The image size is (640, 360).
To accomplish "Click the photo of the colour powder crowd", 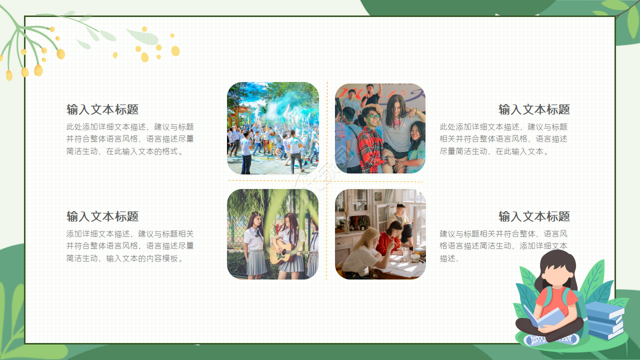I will [272, 128].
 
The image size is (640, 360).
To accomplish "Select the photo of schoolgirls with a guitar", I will [272, 234].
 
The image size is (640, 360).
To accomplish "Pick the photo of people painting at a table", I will [380, 234].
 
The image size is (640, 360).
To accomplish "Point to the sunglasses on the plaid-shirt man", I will [372, 117].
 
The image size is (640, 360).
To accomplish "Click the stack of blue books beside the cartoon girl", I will [603, 320].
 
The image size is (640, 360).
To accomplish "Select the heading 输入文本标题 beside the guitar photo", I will [102, 216].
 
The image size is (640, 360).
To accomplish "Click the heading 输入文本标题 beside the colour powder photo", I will [102, 109].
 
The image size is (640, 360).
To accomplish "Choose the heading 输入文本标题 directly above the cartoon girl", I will [534, 216].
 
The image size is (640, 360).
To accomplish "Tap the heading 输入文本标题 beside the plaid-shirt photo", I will [534, 109].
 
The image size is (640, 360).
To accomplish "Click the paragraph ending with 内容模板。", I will [130, 246].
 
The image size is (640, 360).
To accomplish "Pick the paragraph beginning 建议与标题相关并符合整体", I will [503, 246].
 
